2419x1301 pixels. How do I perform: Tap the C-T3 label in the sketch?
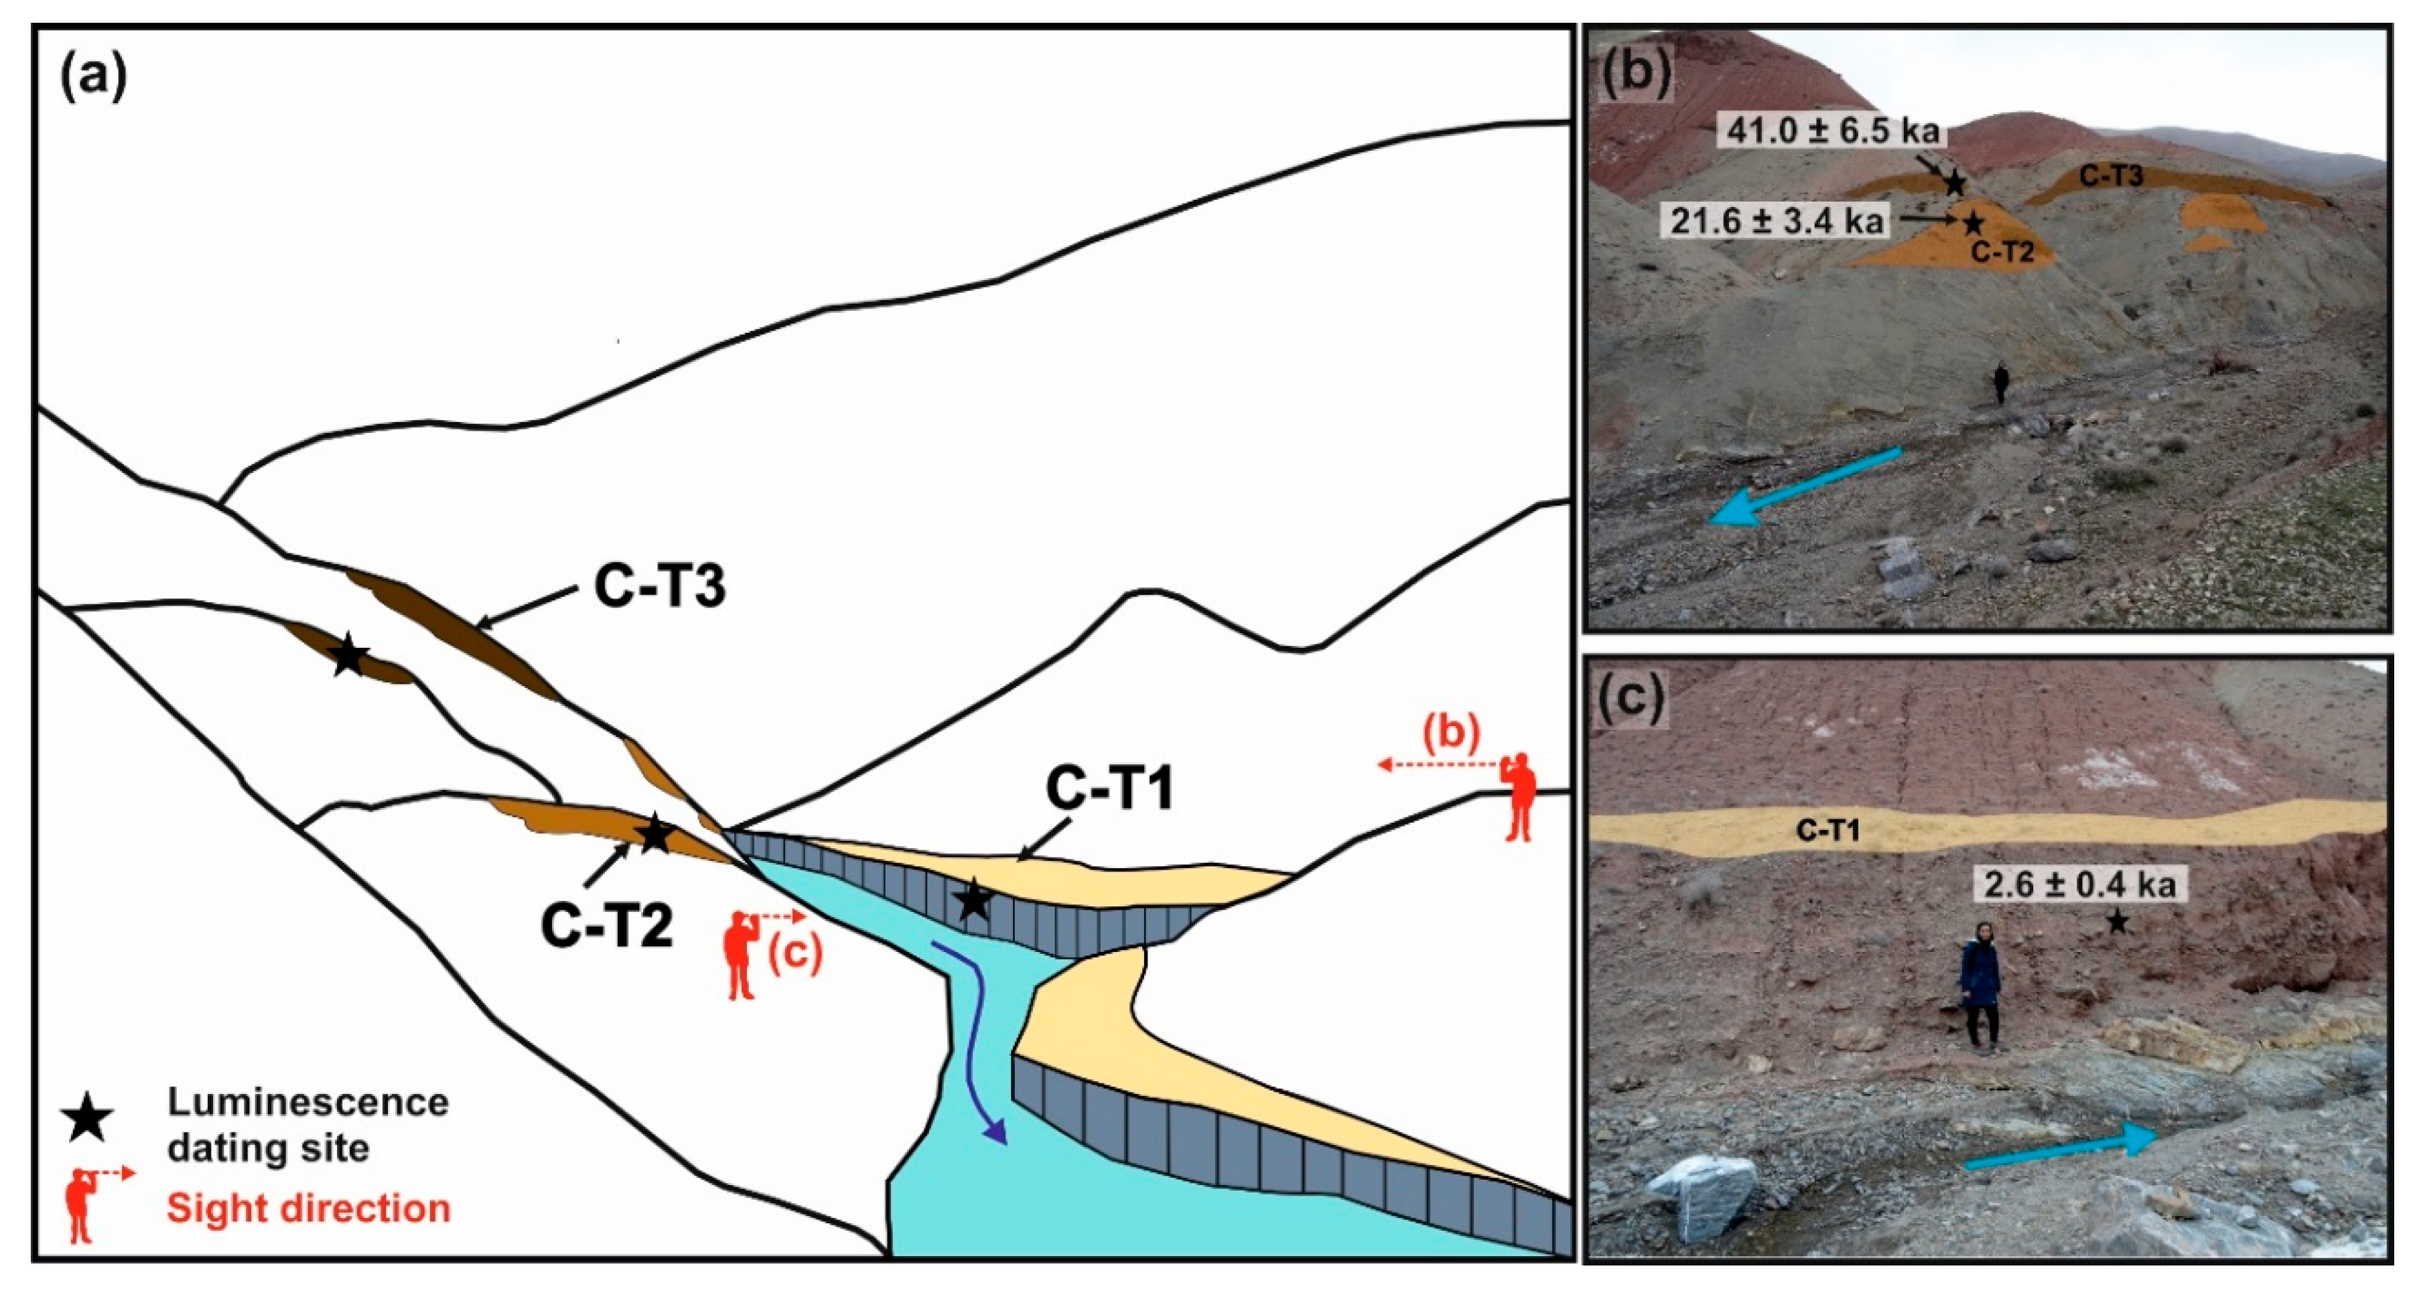(x=659, y=588)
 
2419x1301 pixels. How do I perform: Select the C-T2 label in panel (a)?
(x=607, y=925)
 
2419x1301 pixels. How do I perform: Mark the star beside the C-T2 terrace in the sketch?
(x=654, y=833)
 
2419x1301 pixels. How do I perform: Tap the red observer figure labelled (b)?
(x=1519, y=796)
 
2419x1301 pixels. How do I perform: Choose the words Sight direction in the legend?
(x=309, y=1208)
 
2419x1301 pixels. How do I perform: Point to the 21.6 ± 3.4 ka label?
(x=1777, y=221)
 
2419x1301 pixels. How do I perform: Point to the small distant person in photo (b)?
(x=2001, y=384)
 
